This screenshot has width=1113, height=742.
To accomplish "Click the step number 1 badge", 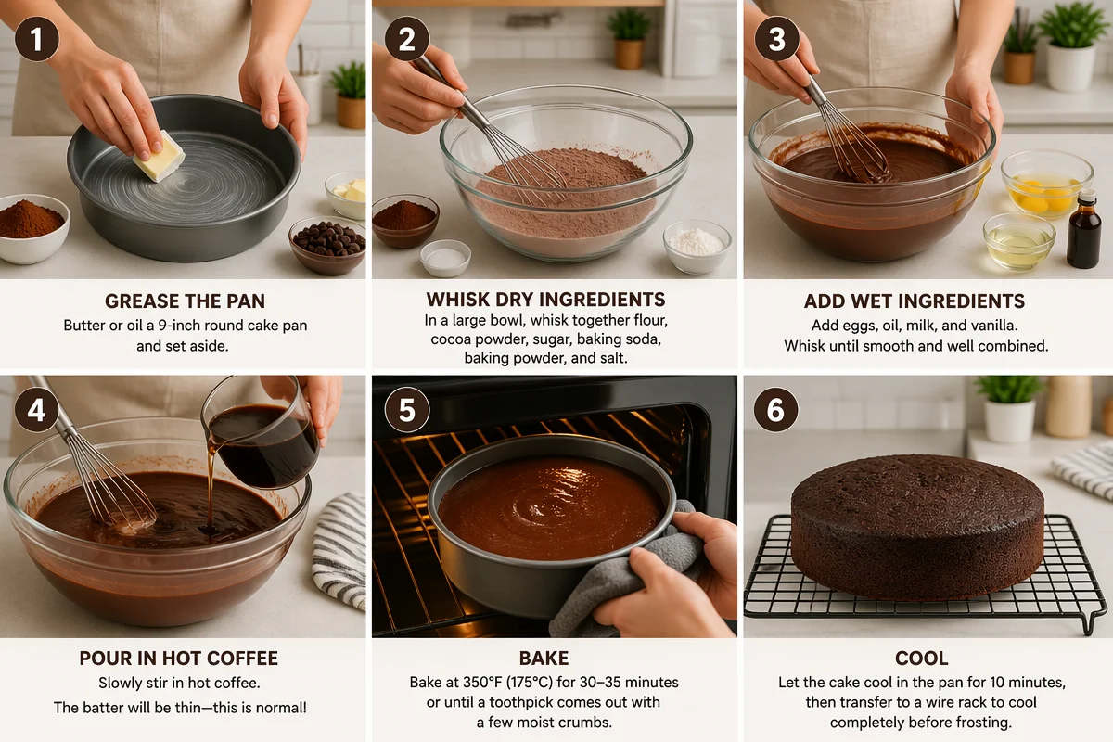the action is tap(37, 39).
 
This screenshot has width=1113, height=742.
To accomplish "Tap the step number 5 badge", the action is tap(407, 410).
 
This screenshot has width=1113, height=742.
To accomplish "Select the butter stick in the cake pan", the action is tap(159, 156).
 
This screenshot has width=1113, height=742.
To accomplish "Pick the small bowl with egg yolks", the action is tap(1047, 185).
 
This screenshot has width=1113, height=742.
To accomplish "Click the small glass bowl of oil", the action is tap(1019, 241).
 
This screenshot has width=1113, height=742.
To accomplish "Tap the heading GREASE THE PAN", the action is tap(185, 301).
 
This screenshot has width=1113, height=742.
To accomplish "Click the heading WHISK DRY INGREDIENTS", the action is tap(545, 300).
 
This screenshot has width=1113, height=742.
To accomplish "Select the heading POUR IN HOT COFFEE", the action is tap(179, 658).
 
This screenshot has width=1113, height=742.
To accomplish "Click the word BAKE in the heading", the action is tap(544, 658).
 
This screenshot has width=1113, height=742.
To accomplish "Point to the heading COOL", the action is tap(922, 658).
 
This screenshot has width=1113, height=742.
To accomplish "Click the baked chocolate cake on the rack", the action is tap(917, 526).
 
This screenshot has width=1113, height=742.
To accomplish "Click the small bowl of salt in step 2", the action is tap(445, 258).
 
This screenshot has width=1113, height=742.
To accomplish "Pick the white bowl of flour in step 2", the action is tap(697, 247).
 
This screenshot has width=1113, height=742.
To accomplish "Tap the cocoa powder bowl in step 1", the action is tap(32, 227).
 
